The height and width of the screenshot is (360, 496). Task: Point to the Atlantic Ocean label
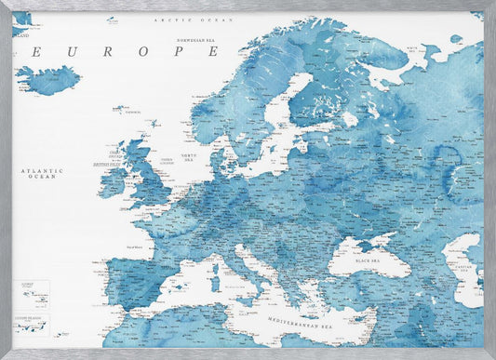44,174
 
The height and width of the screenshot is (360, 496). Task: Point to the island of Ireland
113,180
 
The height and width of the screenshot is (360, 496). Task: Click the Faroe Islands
120,109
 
